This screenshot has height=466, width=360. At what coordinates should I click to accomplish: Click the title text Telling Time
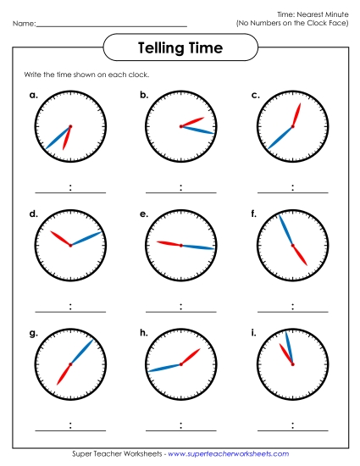[180, 49]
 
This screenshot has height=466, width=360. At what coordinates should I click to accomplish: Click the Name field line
[111, 25]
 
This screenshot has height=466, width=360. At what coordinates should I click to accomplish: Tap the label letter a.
[33, 96]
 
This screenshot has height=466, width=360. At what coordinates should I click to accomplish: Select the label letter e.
[144, 214]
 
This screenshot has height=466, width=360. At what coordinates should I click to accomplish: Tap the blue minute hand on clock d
[87, 238]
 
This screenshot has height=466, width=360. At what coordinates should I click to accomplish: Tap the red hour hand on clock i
[287, 356]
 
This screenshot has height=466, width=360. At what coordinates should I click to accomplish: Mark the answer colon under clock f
[292, 307]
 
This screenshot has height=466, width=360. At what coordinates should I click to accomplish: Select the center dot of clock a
[70, 127]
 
